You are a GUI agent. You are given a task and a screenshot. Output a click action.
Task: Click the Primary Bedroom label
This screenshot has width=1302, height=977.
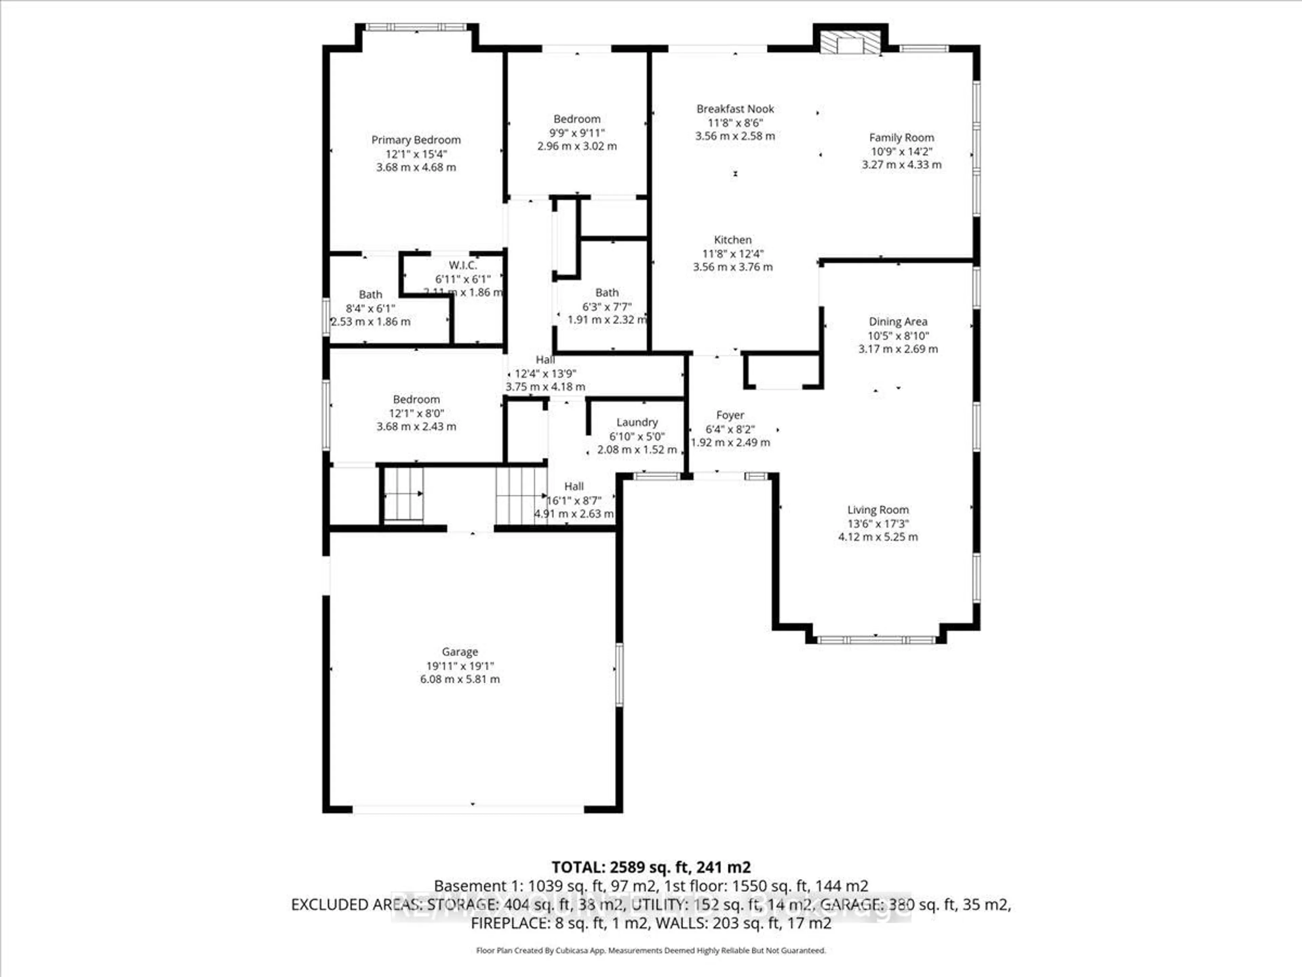point(416,139)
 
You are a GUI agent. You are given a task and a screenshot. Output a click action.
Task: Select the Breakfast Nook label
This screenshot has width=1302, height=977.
point(735,109)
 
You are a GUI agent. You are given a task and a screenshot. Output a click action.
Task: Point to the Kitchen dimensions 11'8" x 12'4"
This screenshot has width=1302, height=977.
point(733,254)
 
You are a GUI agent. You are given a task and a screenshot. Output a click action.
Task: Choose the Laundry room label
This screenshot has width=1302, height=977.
point(637,422)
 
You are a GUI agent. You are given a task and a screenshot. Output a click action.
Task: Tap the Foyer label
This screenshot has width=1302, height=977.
point(730,415)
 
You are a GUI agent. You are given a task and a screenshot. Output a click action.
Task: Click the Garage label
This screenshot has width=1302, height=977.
point(460,652)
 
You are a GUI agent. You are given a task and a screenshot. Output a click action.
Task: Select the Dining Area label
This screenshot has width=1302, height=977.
point(897,322)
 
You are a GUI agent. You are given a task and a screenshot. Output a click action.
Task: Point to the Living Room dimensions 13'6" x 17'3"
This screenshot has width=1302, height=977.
point(877,523)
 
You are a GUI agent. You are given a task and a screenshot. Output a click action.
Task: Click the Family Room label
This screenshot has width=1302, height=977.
point(901,137)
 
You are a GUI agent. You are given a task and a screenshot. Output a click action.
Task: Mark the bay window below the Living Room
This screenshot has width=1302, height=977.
point(876,639)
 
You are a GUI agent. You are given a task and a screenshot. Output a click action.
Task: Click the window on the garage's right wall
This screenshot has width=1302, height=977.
point(619,675)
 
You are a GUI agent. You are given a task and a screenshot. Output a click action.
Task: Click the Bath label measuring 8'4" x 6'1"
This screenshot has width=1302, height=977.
point(370,294)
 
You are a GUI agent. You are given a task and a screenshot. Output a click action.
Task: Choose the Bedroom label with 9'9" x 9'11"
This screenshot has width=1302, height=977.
point(577,119)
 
